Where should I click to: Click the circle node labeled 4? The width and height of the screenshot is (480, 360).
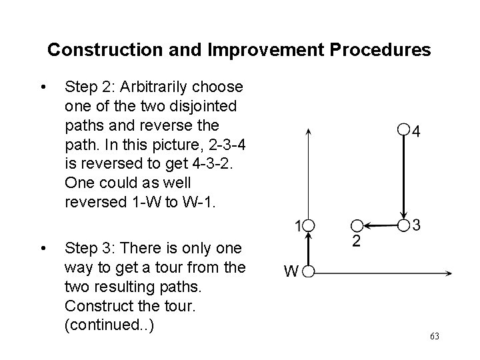402,129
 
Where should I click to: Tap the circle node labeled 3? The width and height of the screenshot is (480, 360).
403,225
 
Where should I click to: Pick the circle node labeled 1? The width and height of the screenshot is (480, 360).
308,225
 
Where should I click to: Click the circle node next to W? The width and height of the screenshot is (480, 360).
308,272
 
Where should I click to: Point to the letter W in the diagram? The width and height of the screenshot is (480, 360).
291,271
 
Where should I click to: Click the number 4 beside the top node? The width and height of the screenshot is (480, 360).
416,131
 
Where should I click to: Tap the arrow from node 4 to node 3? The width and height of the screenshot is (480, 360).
403,177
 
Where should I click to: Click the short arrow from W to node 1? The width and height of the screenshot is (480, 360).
308,248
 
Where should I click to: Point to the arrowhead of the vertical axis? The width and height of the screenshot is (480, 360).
307,131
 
